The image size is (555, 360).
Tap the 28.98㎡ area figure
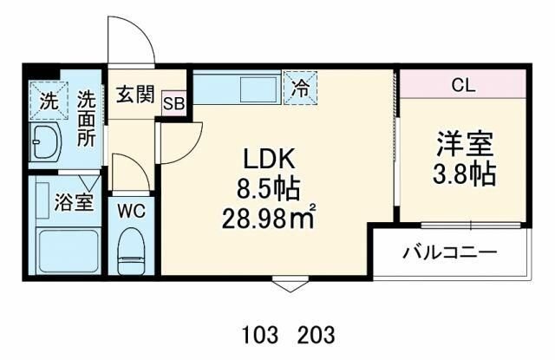[267, 215]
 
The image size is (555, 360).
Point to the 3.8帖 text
[465, 173]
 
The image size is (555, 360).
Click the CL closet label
[464, 86]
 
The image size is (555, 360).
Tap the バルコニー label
[449, 253]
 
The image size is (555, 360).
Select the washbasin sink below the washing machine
[44, 141]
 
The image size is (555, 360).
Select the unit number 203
[314, 334]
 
